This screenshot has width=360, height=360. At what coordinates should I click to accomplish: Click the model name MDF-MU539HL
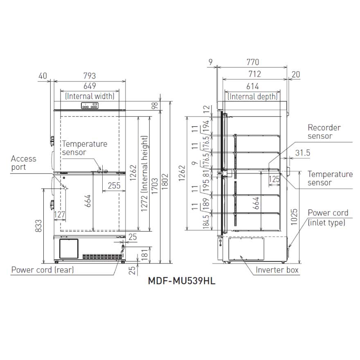(182, 281)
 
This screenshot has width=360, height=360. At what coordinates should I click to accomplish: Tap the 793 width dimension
(90, 76)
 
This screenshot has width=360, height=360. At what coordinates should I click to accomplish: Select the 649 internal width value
(90, 86)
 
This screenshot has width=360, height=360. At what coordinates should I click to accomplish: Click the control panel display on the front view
(90, 106)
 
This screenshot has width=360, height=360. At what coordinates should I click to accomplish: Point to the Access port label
(23, 163)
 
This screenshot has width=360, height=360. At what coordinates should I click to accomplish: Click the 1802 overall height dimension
(165, 182)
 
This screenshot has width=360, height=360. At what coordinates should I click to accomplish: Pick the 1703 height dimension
(155, 186)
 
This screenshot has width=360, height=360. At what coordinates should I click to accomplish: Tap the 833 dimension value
(38, 226)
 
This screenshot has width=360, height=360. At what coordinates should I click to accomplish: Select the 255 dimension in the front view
(114, 185)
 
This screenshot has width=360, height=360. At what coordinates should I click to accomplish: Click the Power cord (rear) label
(43, 270)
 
